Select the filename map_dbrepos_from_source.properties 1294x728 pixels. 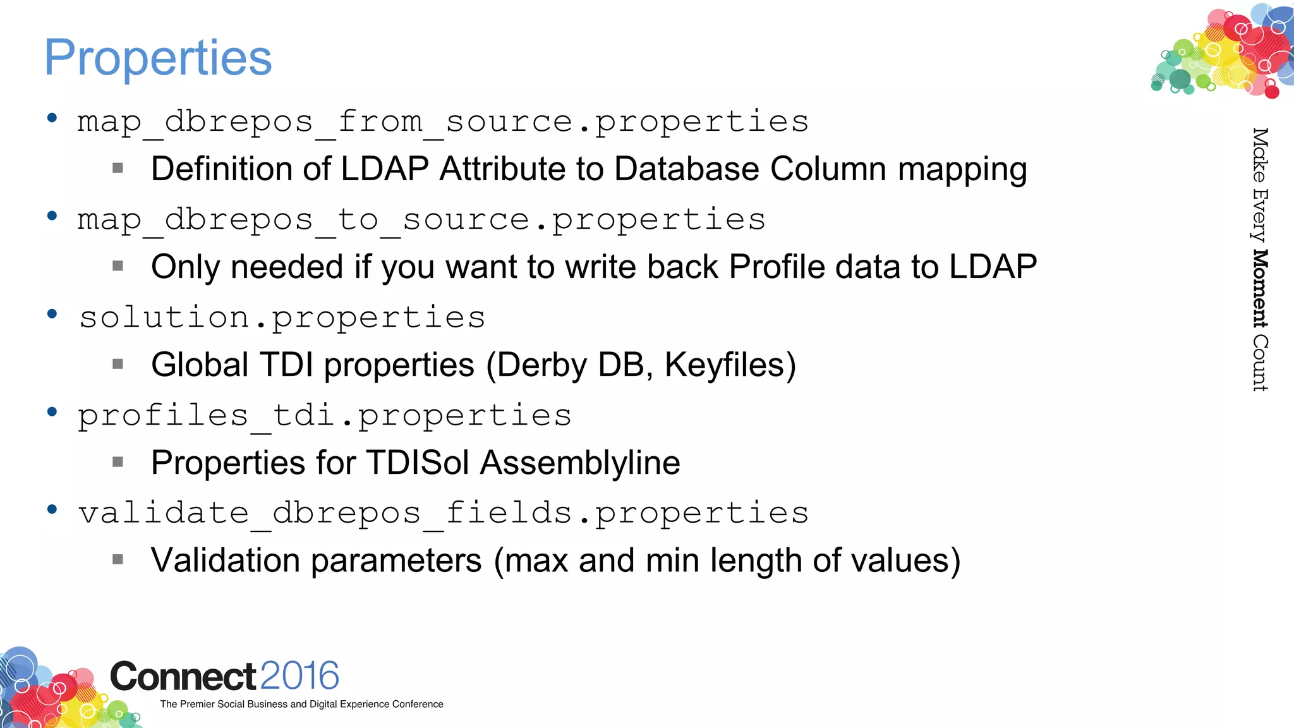click(x=442, y=121)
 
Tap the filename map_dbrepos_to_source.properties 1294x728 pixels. click(x=421, y=219)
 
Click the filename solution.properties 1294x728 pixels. click(x=282, y=317)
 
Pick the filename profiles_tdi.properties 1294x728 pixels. click(x=324, y=415)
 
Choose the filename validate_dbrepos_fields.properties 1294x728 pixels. click(x=442, y=513)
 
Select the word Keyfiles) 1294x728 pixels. click(x=730, y=365)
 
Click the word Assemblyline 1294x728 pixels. click(x=580, y=463)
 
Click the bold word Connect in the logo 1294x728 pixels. click(x=183, y=676)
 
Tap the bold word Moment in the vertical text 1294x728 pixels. click(x=1260, y=289)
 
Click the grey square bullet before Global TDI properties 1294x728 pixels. click(x=118, y=364)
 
